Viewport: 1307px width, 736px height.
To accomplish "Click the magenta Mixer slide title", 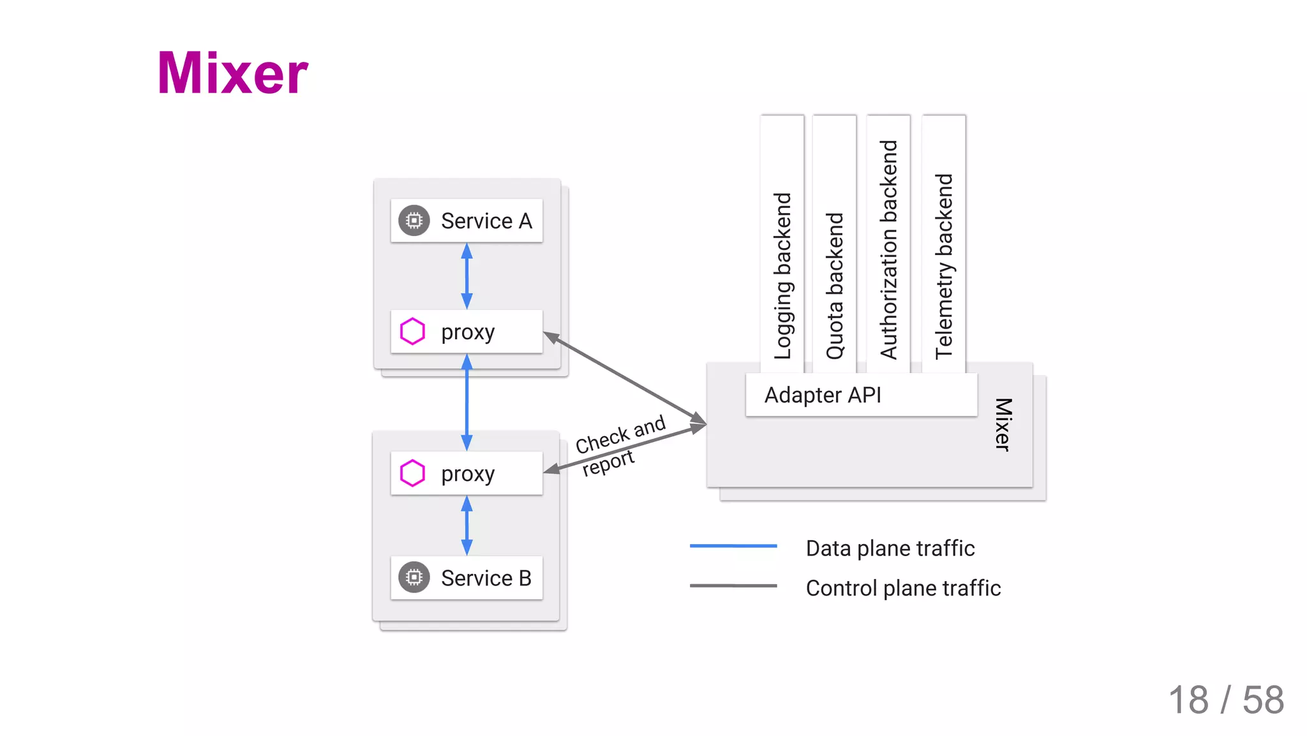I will (232, 73).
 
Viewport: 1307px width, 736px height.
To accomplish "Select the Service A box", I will (467, 221).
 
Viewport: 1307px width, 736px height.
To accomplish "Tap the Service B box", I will (467, 578).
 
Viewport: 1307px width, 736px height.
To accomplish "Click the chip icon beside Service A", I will (414, 221).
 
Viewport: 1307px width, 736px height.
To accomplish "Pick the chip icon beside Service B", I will (414, 578).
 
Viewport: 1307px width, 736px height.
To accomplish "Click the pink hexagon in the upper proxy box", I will (412, 332).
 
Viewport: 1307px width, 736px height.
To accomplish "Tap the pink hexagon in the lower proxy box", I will (412, 473).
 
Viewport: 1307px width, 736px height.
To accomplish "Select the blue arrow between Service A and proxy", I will (467, 276).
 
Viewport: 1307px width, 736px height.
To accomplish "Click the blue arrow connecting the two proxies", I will (467, 402).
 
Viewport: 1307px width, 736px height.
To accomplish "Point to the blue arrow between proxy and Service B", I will (467, 526).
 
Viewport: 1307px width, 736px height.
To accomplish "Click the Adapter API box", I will (861, 395).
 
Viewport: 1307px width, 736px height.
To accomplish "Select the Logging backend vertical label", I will (782, 276).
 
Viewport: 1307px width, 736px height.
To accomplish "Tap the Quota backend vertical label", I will (835, 286).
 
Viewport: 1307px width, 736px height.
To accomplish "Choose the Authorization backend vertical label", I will (888, 250).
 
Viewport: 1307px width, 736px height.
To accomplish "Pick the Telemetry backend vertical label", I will (943, 267).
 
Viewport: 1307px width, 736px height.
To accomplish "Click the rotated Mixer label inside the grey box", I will (1003, 425).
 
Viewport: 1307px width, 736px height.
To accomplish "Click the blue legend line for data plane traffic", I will (733, 546).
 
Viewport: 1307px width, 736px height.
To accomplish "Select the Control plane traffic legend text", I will (903, 588).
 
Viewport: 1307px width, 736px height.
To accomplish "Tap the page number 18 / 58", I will (1225, 700).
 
